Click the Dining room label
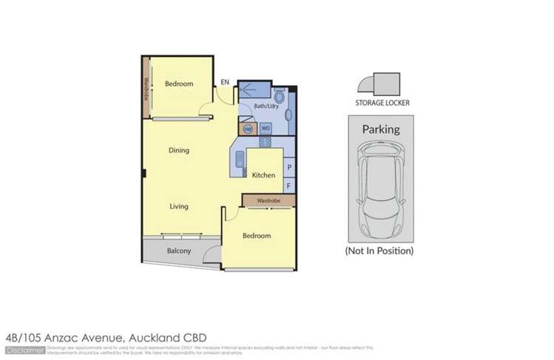coord(178,150)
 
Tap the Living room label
coord(178,206)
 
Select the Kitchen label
coord(263,175)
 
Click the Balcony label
coord(178,251)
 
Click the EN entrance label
coord(225,83)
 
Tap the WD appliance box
coord(265,128)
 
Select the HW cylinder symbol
coord(248,128)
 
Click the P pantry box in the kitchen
coord(288,168)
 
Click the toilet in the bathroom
coord(280,97)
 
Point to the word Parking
coord(380,129)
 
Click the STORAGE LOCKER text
coord(382,103)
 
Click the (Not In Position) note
coord(379,251)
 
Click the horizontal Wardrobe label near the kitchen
coord(268,200)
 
